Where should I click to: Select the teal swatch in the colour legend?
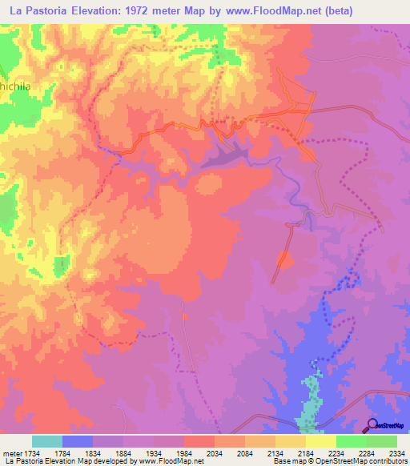point(47,441)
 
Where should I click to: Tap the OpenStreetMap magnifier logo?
point(371,424)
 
